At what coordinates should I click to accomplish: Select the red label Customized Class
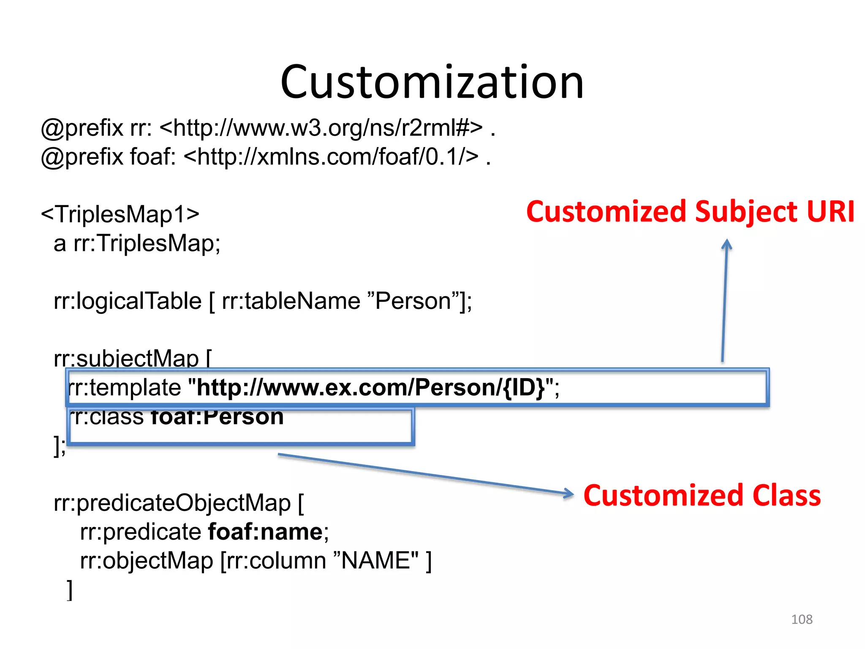pyautogui.click(x=702, y=495)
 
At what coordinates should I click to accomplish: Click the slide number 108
pyautogui.click(x=802, y=619)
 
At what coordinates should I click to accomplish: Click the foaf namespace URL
pyautogui.click(x=332, y=157)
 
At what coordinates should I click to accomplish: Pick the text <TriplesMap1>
pyautogui.click(x=120, y=214)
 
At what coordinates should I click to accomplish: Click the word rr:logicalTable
pyautogui.click(x=128, y=301)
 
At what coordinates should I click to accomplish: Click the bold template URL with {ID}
pyautogui.click(x=371, y=387)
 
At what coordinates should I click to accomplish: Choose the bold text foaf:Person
pyautogui.click(x=217, y=417)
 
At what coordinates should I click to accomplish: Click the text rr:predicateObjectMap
pyautogui.click(x=172, y=503)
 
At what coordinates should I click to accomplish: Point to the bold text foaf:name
pyautogui.click(x=266, y=532)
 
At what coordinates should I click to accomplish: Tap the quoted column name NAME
pyautogui.click(x=376, y=561)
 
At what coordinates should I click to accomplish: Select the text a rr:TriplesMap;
pyautogui.click(x=137, y=243)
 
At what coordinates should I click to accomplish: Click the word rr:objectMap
pyautogui.click(x=147, y=561)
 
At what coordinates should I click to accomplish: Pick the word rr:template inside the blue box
pyautogui.click(x=125, y=387)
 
